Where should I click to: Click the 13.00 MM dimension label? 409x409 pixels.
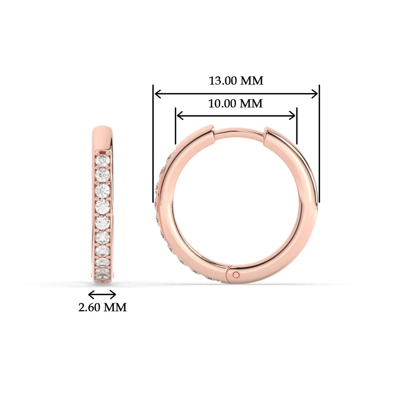coord(236,80)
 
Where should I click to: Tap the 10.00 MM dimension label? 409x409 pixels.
coord(235,103)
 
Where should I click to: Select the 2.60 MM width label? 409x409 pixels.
coord(102,307)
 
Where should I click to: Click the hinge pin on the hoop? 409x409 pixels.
coord(236,274)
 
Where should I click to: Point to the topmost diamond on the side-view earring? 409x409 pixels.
coord(103,161)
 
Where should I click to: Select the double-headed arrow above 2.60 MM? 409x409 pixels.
coord(102,295)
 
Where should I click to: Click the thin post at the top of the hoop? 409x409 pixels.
coord(239,132)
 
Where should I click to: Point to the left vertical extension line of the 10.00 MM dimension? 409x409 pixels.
coord(175,125)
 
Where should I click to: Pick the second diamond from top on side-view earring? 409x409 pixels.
coord(103,175)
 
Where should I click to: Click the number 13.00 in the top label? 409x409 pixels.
coord(223,80)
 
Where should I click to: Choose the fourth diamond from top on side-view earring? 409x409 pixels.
coord(103,206)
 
